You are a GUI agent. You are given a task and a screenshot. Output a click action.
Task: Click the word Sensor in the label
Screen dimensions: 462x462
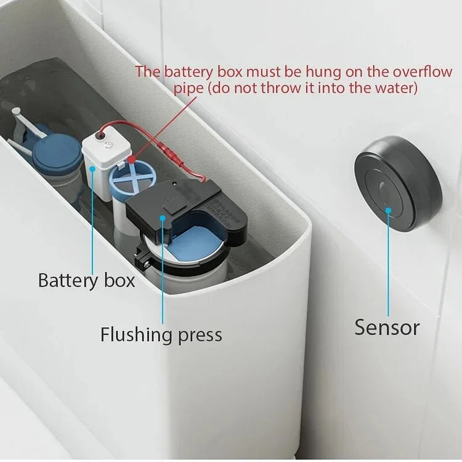387,327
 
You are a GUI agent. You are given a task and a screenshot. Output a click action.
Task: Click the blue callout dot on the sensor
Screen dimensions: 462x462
389,210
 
